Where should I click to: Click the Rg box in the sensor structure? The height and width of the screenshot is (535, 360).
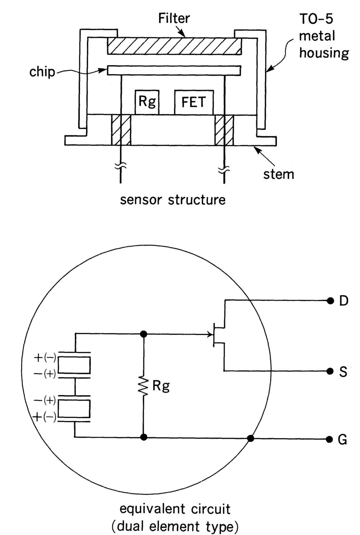tap(147, 102)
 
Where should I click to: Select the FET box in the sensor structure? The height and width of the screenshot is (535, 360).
tap(194, 102)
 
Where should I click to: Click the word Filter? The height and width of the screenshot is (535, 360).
tap(174, 18)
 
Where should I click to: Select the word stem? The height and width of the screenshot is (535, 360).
tap(278, 174)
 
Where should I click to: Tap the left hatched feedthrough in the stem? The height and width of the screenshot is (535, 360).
tap(121, 130)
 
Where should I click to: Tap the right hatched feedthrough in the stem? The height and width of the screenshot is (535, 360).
tap(224, 130)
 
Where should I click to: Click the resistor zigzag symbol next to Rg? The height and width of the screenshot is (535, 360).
tap(143, 386)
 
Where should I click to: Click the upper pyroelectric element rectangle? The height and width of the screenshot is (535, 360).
tap(74, 365)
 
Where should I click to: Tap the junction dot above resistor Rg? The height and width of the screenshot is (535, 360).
tap(143, 334)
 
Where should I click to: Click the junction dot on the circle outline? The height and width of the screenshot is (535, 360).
tap(250, 439)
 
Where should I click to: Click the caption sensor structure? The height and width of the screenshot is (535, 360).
tap(173, 200)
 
